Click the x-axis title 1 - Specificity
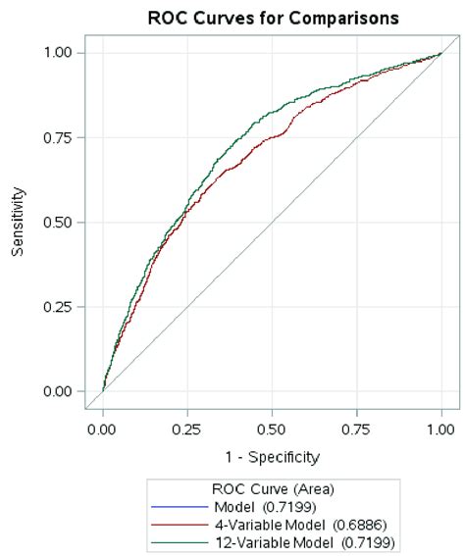(272, 456)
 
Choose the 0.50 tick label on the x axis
(272, 429)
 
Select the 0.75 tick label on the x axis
(357, 429)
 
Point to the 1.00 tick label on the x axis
(441, 429)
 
